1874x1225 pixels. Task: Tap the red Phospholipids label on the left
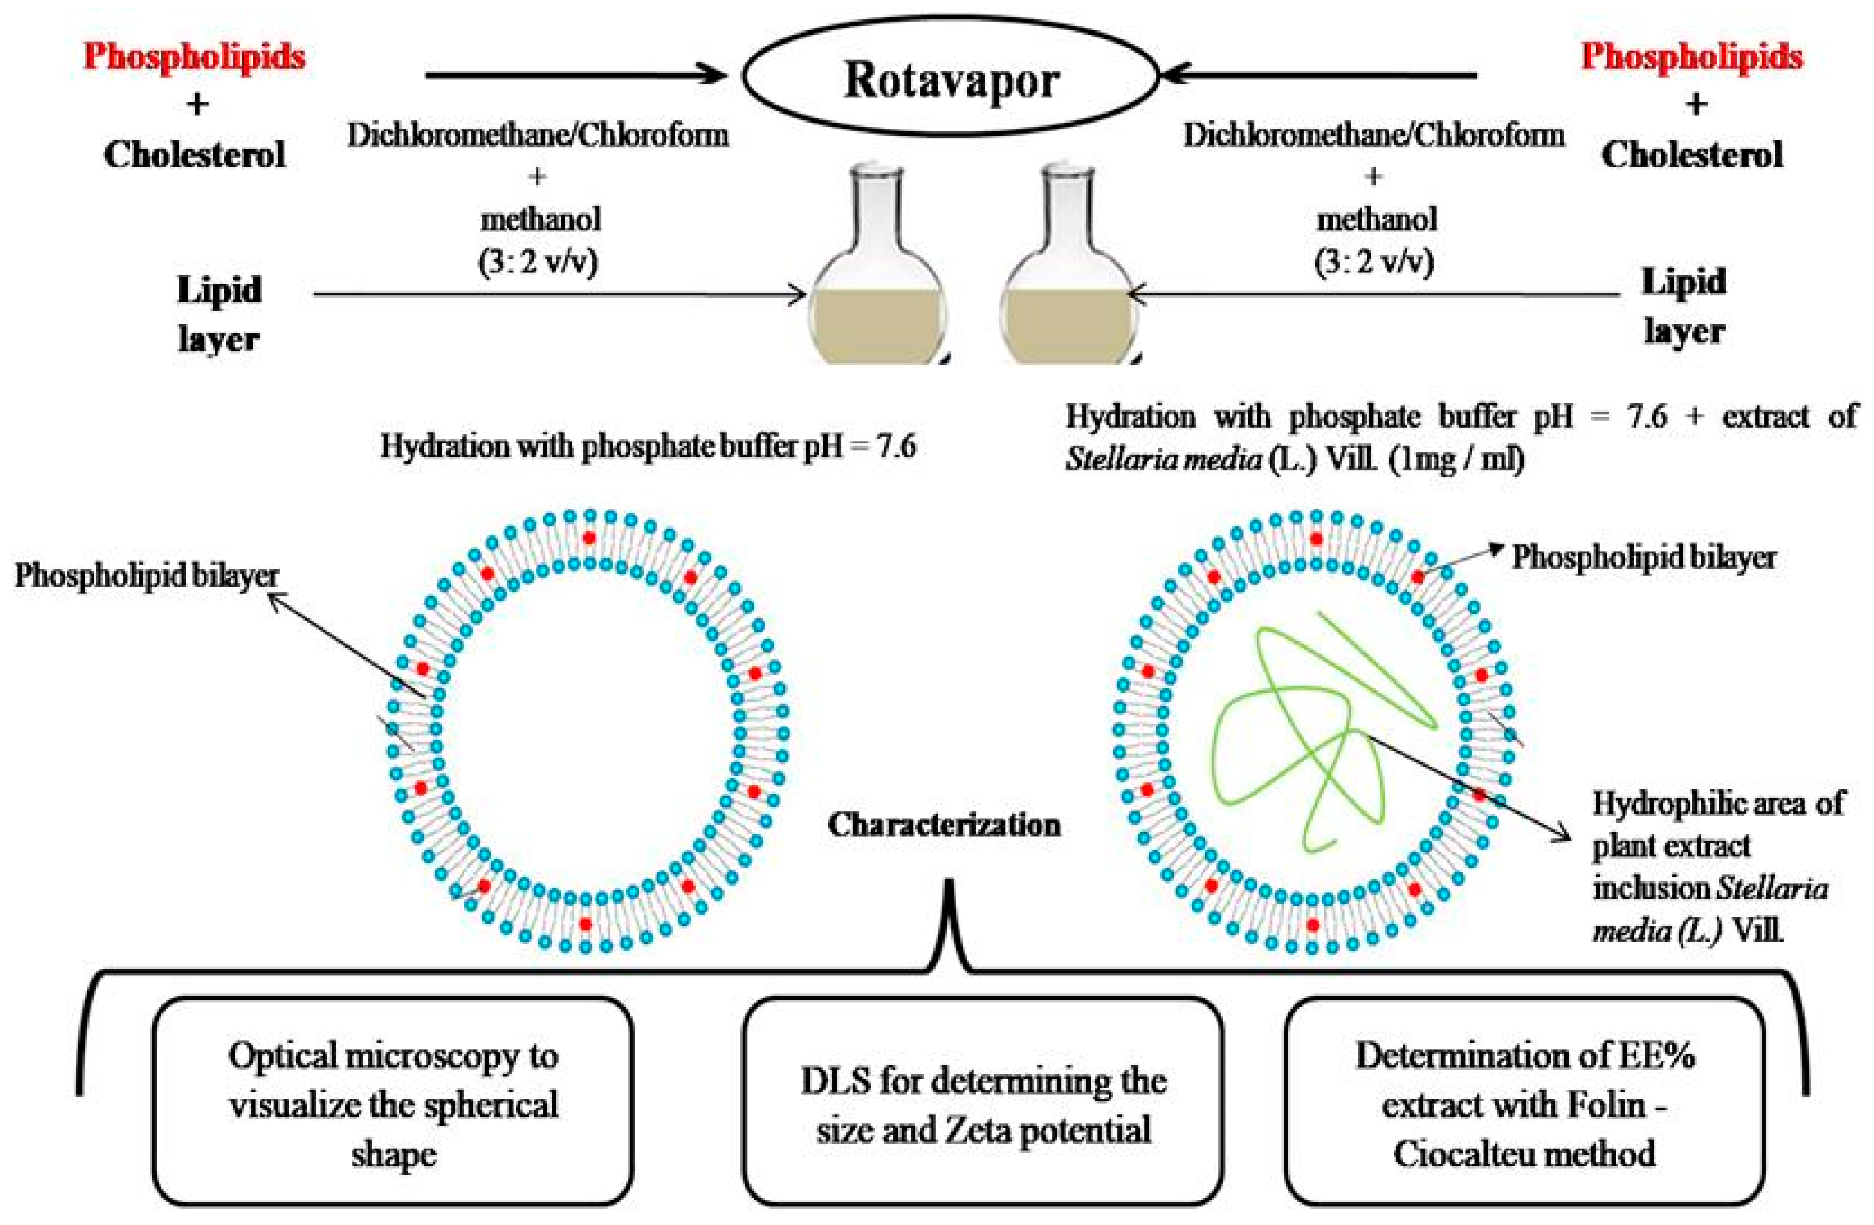coord(194,57)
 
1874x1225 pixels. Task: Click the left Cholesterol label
coord(194,154)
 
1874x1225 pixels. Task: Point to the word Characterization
coord(944,824)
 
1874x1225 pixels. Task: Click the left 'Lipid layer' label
coord(219,313)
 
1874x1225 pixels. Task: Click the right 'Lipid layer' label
coord(1683,305)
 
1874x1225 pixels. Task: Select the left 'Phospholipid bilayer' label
coord(147,575)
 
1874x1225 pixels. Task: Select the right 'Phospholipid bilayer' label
coord(1644,558)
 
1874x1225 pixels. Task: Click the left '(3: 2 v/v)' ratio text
coord(538,261)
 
